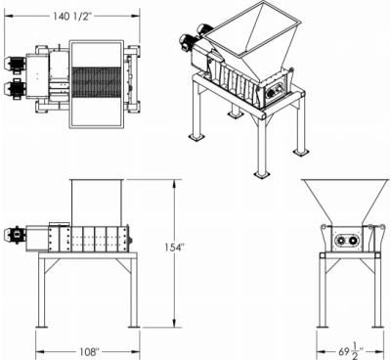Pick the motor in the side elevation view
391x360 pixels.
(17, 235)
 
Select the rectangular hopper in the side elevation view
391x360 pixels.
(96, 202)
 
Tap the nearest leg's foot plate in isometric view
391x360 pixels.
(262, 174)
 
